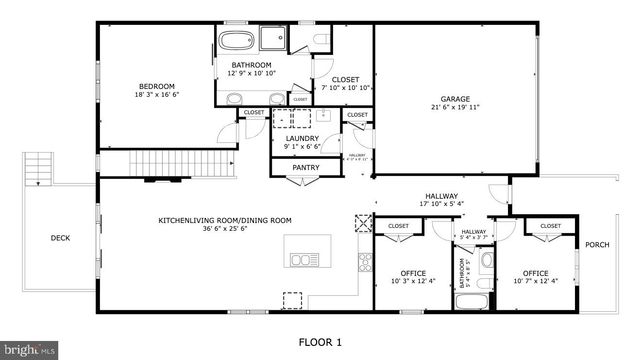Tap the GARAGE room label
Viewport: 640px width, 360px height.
pyautogui.click(x=456, y=99)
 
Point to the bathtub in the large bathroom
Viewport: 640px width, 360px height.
pyautogui.click(x=238, y=42)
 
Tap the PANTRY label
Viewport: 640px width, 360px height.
pyautogui.click(x=305, y=168)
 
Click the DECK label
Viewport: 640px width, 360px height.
pyautogui.click(x=60, y=238)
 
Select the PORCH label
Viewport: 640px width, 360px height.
pyautogui.click(x=597, y=245)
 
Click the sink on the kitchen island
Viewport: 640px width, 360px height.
pyautogui.click(x=300, y=260)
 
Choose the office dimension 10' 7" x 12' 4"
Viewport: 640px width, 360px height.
pyautogui.click(x=535, y=282)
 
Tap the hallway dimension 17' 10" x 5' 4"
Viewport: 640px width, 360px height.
pyautogui.click(x=441, y=205)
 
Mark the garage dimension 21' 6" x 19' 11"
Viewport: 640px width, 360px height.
pyautogui.click(x=456, y=108)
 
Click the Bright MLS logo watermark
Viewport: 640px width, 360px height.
pyautogui.click(x=30, y=350)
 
